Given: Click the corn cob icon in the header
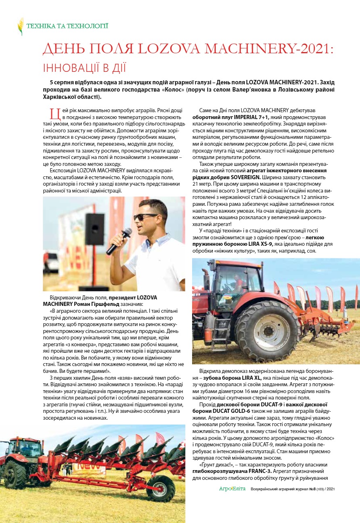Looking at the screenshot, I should click(20, 26).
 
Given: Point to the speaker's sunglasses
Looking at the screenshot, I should click(145, 217).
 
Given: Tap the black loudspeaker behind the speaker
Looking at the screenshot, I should click(94, 229).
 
